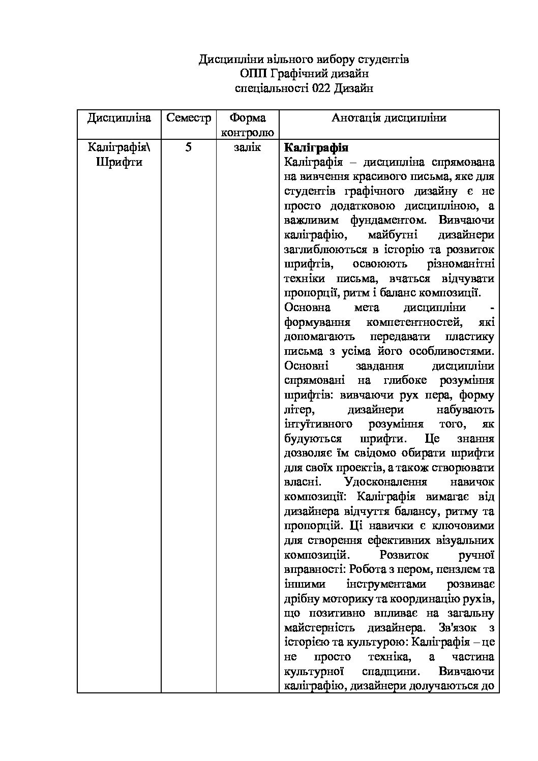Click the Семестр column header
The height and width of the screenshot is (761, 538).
tap(188, 118)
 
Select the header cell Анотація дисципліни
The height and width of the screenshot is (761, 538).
tap(389, 118)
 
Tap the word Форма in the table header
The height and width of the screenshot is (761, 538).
tap(247, 118)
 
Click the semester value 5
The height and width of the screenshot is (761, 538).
tap(188, 148)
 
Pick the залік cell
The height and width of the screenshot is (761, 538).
tap(247, 148)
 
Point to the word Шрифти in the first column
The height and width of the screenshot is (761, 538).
tap(119, 163)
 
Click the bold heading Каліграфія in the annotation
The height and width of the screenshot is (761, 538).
tap(316, 148)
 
